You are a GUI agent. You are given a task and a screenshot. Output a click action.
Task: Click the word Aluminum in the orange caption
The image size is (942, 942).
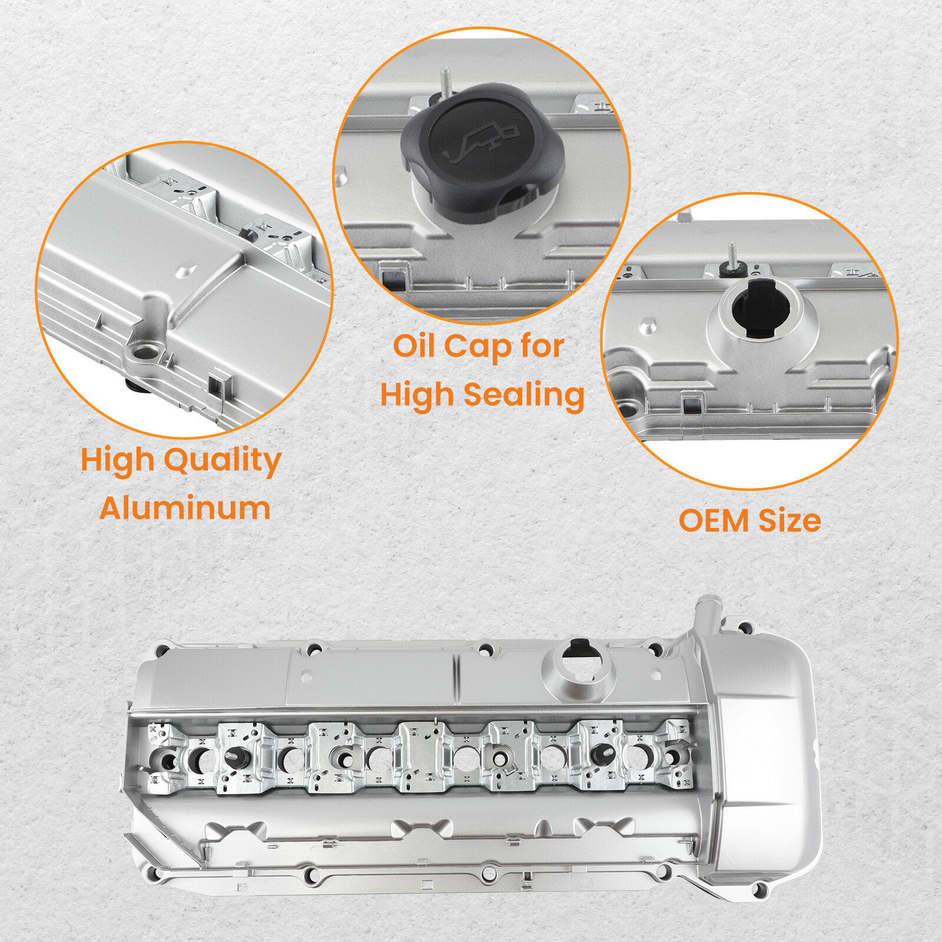[x=185, y=508]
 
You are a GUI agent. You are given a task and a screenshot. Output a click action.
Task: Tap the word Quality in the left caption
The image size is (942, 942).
[x=222, y=461]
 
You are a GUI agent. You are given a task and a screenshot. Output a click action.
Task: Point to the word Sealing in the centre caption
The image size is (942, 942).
[x=523, y=395]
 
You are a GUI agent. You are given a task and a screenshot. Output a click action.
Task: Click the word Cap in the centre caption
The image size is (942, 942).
[x=477, y=347]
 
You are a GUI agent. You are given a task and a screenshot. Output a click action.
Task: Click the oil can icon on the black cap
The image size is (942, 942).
[x=483, y=141]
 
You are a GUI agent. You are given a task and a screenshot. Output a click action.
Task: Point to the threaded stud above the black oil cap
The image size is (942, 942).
[x=446, y=79]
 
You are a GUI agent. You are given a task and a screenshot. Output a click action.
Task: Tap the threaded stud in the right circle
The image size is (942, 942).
[x=732, y=256]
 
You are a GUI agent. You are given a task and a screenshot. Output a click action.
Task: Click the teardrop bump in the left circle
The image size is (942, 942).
[x=187, y=270]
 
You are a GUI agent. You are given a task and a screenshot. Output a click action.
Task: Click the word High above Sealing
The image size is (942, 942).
[x=417, y=395]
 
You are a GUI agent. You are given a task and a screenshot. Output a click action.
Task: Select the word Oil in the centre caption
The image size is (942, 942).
[x=414, y=346]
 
